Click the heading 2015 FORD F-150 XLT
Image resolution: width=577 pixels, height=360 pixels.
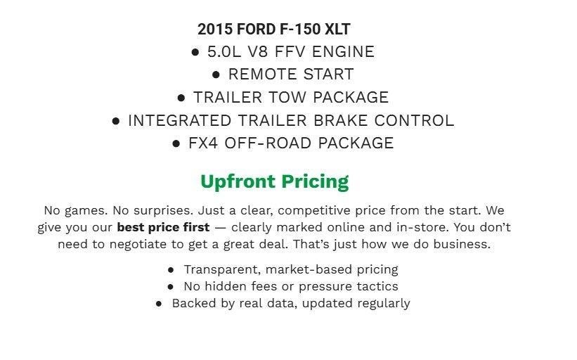tap(274, 30)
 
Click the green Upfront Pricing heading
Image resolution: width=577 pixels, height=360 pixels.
tap(274, 181)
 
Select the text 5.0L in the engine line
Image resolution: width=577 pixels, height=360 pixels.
tap(224, 52)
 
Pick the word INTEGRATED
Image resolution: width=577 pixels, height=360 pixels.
tap(189, 120)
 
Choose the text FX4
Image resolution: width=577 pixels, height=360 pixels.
tap(202, 143)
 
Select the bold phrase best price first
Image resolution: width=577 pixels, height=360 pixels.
tap(163, 228)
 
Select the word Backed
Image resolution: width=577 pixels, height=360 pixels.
tap(193, 303)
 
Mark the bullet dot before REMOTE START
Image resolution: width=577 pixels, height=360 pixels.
tap(216, 75)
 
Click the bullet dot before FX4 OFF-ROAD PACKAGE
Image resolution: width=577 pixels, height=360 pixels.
tap(176, 143)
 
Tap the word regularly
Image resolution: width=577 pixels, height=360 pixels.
tap(383, 303)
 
